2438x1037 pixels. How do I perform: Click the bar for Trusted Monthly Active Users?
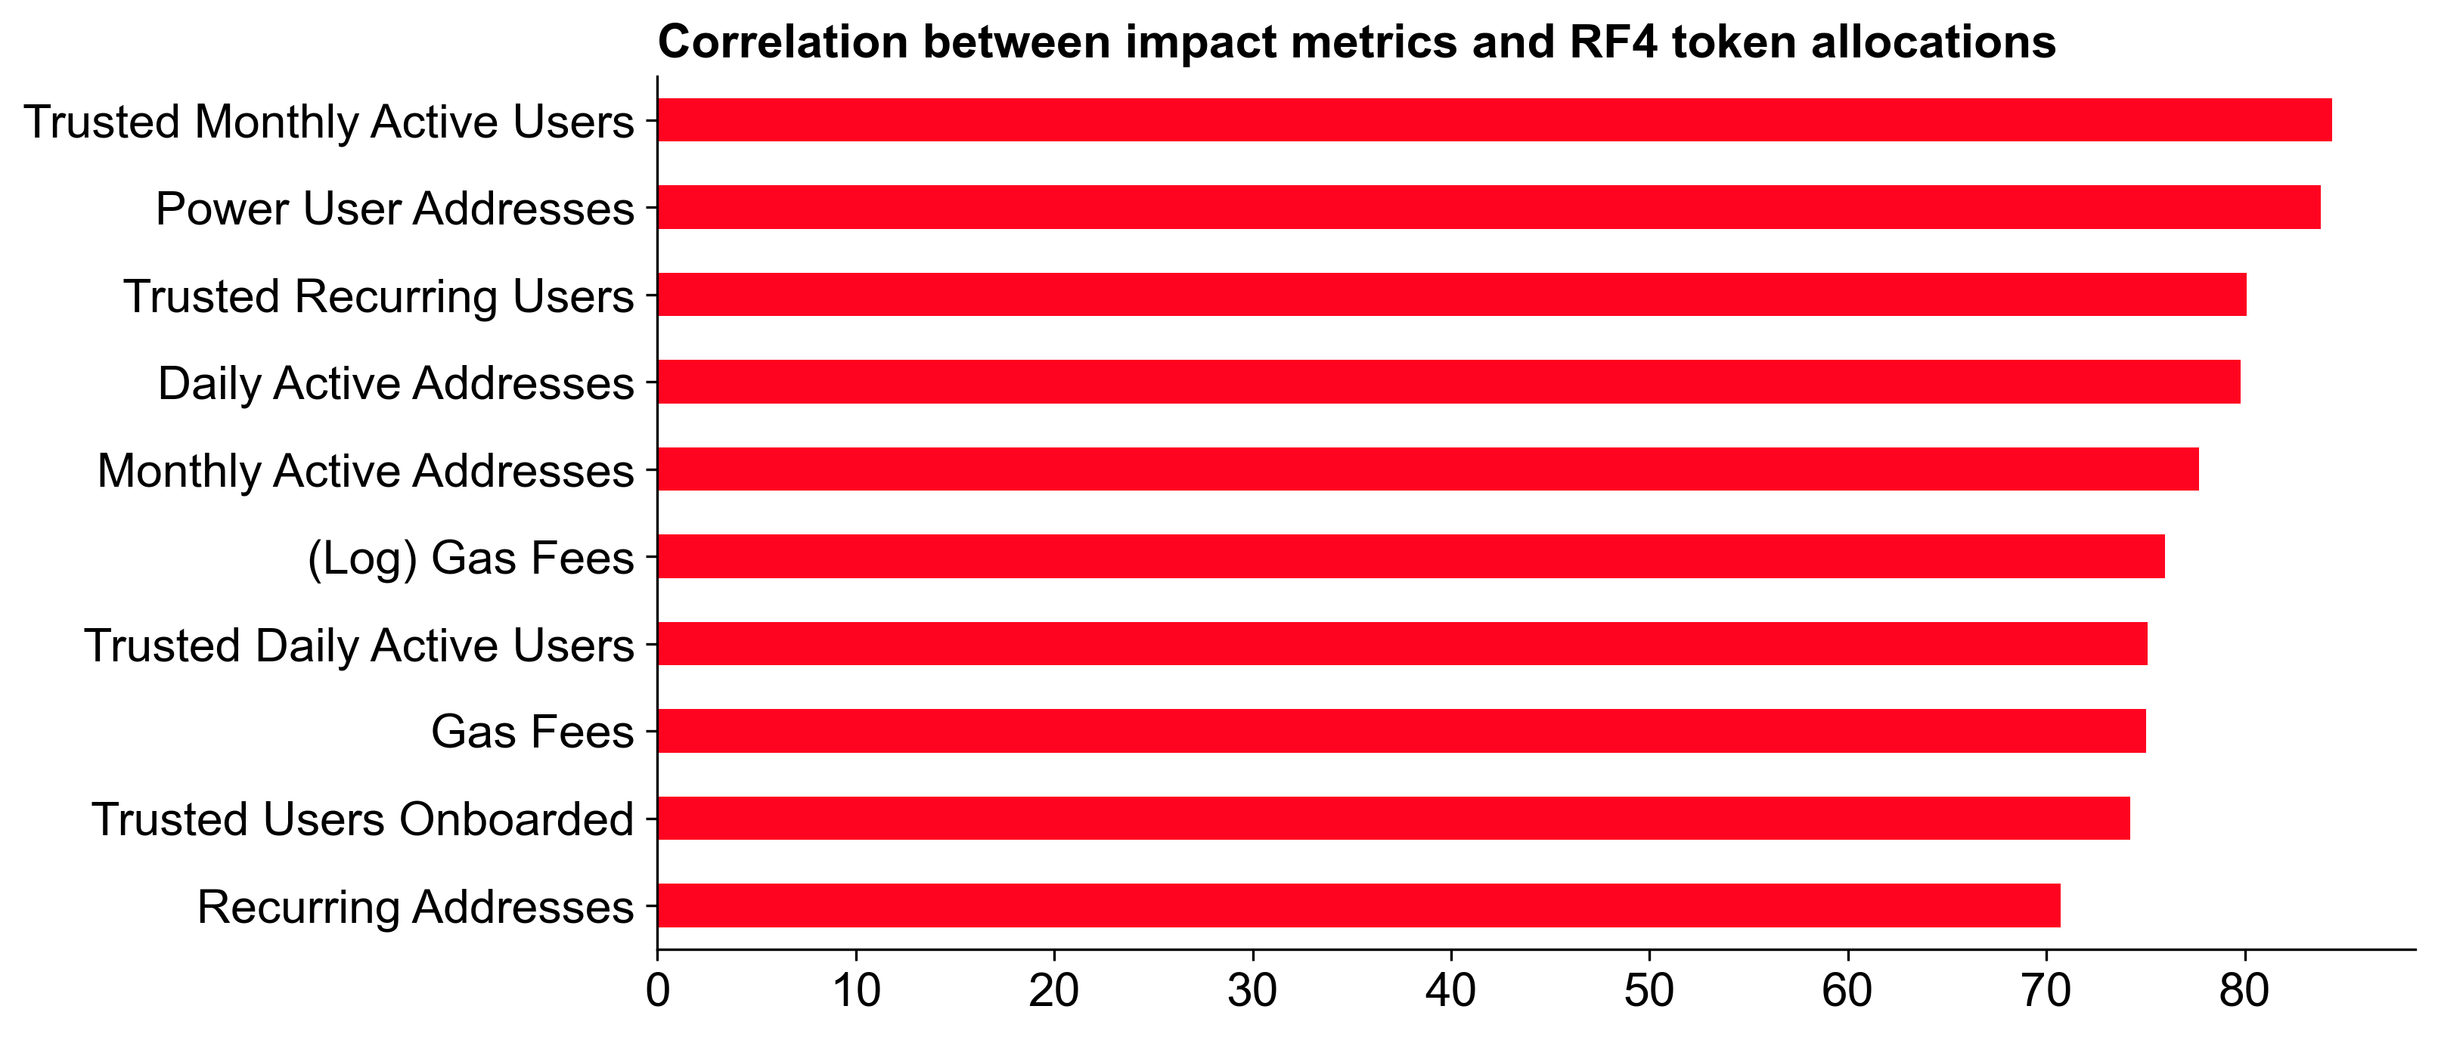click(x=1494, y=120)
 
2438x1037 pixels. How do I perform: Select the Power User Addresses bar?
click(x=1487, y=207)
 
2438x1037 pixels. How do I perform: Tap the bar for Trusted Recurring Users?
click(x=1451, y=294)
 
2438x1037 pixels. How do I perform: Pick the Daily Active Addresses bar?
click(x=1448, y=381)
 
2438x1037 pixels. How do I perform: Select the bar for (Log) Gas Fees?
click(x=1410, y=556)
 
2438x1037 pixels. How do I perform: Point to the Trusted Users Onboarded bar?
click(x=1393, y=819)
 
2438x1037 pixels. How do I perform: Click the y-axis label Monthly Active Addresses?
click(x=365, y=470)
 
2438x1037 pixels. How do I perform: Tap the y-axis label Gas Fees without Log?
click(x=532, y=732)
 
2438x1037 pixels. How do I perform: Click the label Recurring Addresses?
click(x=414, y=906)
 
